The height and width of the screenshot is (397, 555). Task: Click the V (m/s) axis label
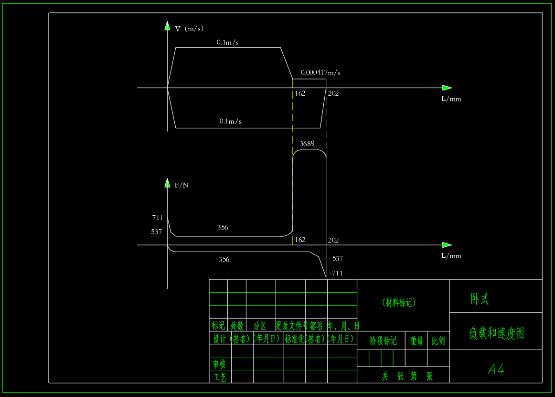[189, 29]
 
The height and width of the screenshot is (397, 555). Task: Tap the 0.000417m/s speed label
[320, 73]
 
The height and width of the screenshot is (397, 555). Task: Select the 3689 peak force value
[308, 143]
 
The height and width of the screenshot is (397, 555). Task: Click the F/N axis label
[181, 185]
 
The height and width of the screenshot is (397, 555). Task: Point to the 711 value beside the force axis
[157, 218]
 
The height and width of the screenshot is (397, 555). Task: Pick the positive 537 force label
[156, 232]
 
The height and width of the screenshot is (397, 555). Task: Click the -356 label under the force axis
[223, 260]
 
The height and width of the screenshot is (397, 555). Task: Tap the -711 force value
[336, 274]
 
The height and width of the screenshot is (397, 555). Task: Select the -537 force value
[336, 259]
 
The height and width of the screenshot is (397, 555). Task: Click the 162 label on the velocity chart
[300, 93]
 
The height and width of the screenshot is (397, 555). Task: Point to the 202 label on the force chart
[333, 240]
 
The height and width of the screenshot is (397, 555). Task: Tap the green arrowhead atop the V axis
[167, 25]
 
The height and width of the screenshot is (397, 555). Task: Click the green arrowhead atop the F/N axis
[167, 182]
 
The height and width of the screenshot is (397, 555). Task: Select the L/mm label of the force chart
[451, 256]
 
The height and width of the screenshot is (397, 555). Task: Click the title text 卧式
[480, 299]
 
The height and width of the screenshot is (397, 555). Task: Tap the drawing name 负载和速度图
[496, 333]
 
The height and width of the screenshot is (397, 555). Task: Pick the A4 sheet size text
[496, 369]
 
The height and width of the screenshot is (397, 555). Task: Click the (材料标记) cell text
[399, 303]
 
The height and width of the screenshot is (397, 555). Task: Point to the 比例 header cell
[438, 341]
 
